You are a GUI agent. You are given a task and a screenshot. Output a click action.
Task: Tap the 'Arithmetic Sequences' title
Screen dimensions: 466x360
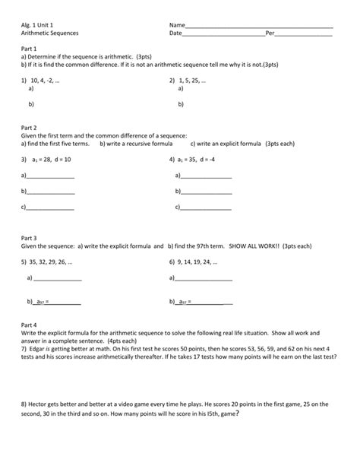point(49,34)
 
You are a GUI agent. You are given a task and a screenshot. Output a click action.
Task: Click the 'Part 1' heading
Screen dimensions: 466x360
point(31,48)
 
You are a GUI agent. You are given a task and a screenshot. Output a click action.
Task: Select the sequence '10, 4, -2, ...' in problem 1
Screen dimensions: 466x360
point(45,80)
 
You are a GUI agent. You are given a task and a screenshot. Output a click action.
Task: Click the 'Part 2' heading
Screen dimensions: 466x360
point(31,127)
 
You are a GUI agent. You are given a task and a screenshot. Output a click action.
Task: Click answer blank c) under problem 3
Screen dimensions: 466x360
point(51,208)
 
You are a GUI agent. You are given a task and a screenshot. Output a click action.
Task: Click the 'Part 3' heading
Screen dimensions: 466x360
point(31,238)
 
